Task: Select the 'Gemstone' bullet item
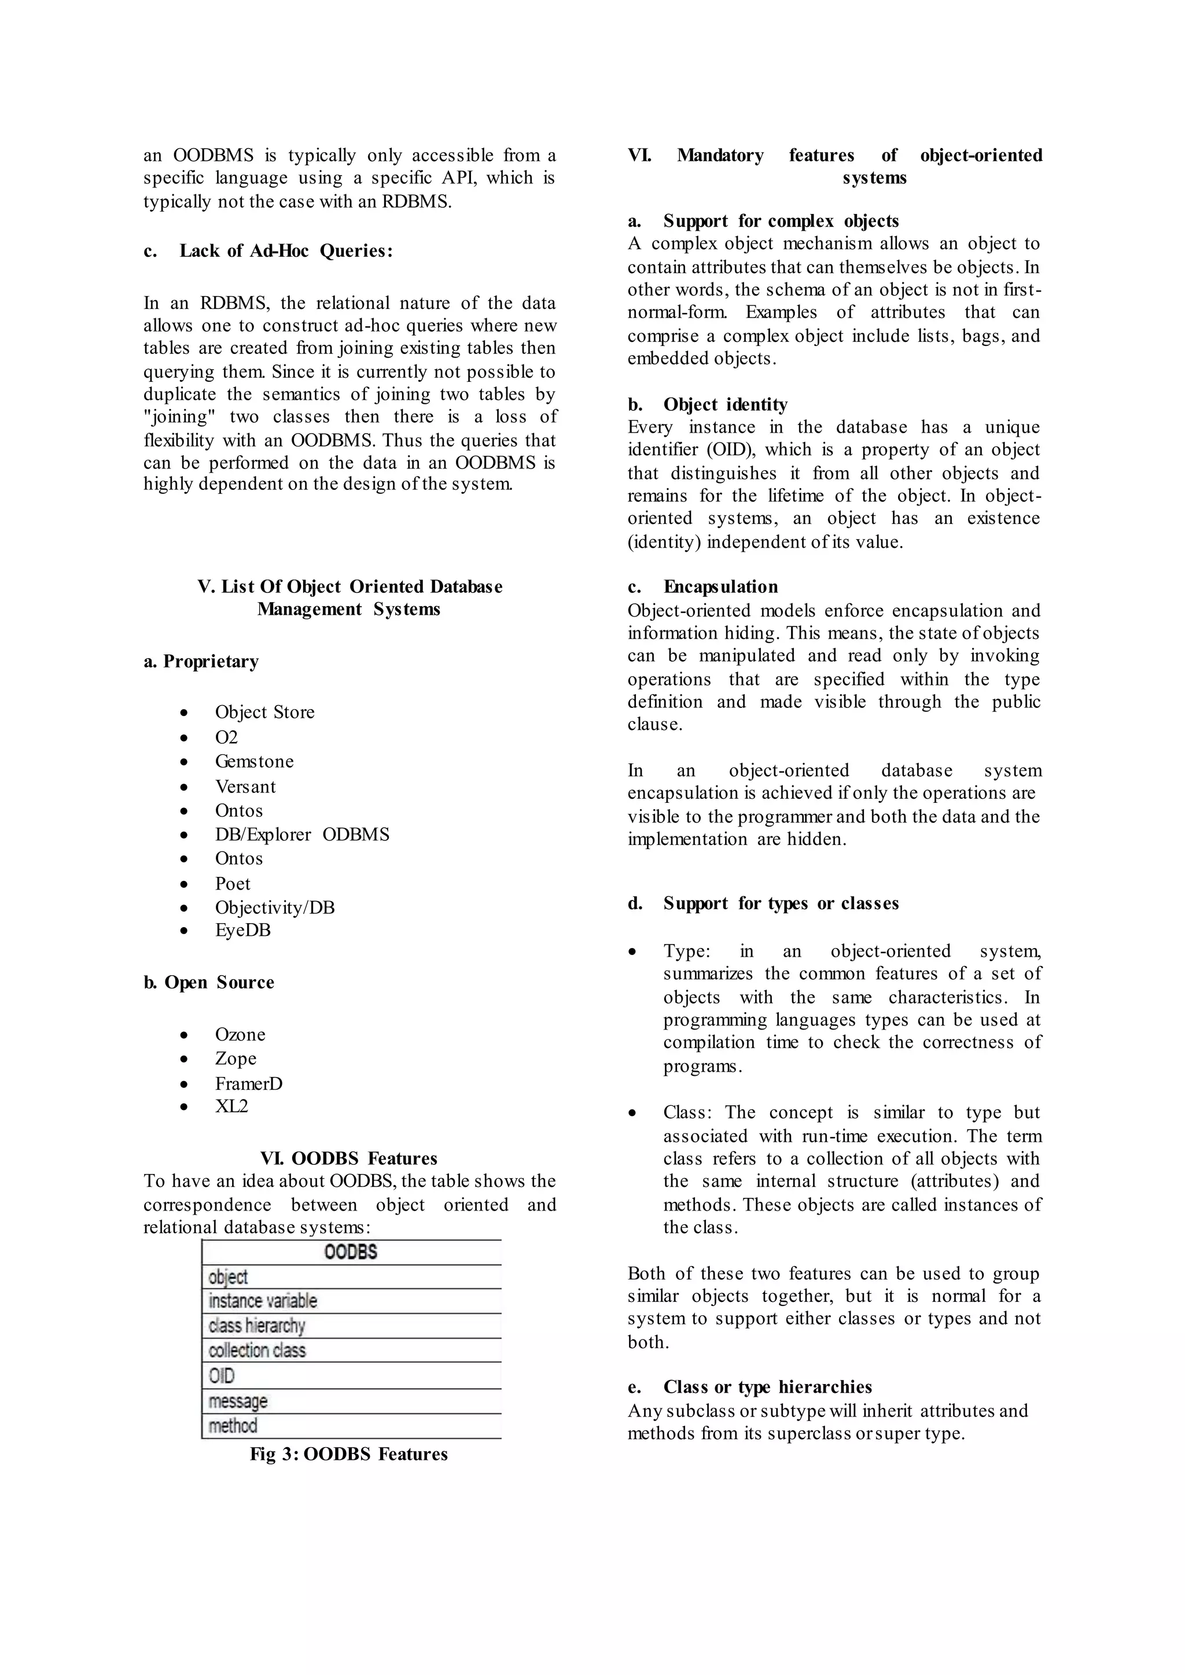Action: click(254, 761)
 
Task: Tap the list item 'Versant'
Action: click(245, 787)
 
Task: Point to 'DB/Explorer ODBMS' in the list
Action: click(302, 834)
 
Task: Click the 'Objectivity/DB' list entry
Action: click(274, 907)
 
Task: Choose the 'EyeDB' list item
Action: click(242, 930)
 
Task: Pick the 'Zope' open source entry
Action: click(235, 1058)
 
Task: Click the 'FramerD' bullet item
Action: click(248, 1083)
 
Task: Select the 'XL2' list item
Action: click(231, 1106)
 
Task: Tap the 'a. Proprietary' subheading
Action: click(201, 661)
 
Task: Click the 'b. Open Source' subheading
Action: click(209, 982)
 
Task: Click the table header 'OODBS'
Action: click(351, 1252)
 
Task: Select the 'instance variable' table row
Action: click(263, 1301)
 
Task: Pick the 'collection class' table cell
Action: click(257, 1351)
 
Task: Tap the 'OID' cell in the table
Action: click(222, 1376)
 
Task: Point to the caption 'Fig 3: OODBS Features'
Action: click(349, 1453)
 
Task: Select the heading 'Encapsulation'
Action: click(720, 586)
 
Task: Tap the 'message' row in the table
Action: click(238, 1401)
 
